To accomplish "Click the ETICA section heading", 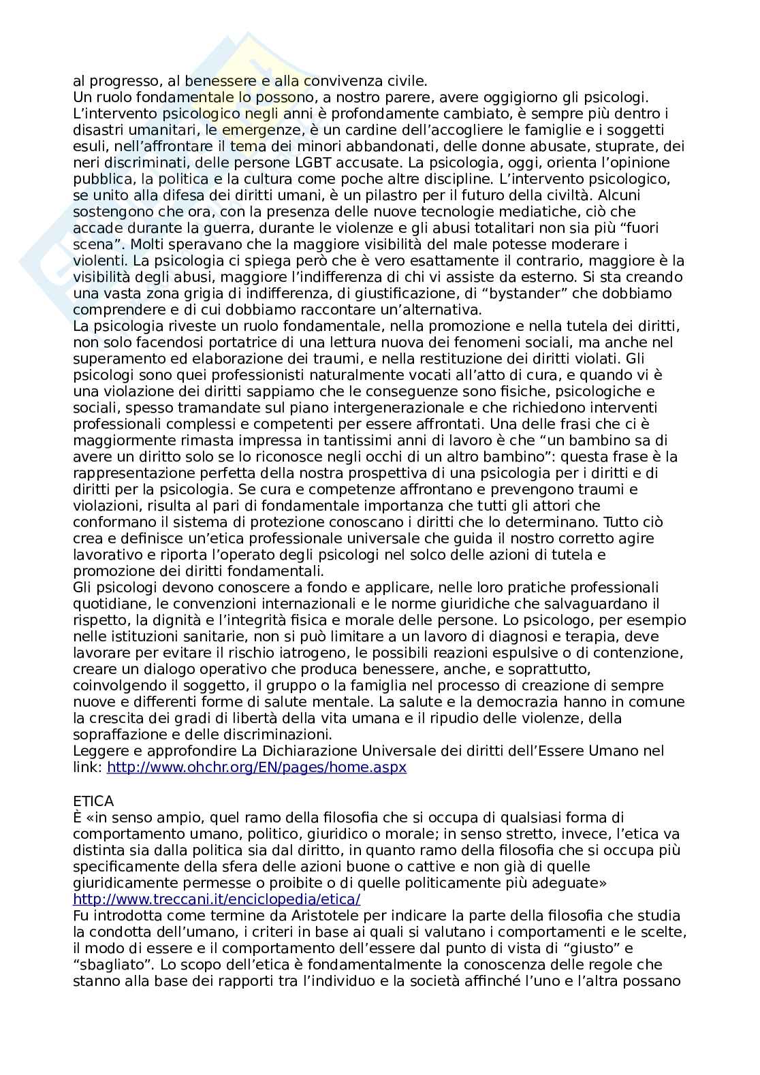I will (x=93, y=801).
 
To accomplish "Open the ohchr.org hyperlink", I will (x=257, y=767).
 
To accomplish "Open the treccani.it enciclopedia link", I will (x=217, y=899).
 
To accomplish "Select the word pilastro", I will (x=393, y=195).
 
